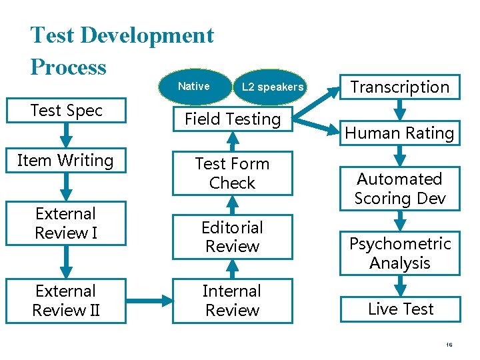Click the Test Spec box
[66, 111]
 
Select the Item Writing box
[66, 161]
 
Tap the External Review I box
[66, 223]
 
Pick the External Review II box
[66, 301]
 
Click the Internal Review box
[232, 301]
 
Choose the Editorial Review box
[232, 237]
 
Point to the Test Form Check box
[232, 173]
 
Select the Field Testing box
[232, 119]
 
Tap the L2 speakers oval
[272, 87]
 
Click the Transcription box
[400, 87]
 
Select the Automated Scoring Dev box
[400, 189]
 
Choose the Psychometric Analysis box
[400, 253]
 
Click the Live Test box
[400, 309]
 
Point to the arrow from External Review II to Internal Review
[149, 301]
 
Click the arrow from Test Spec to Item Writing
[66, 136]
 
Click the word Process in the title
[69, 67]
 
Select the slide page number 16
[449, 345]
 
